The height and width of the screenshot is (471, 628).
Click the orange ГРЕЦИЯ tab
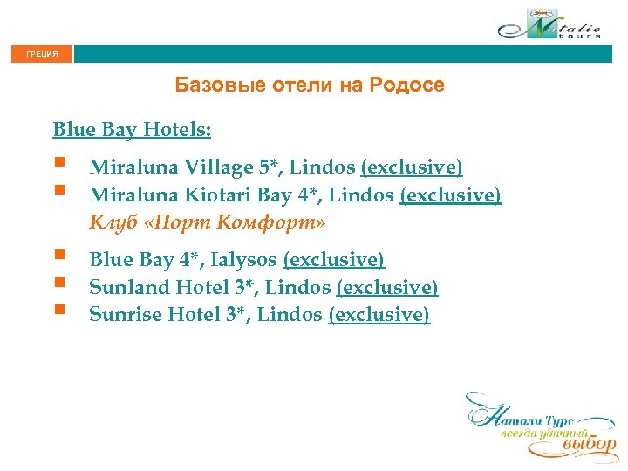pos(42,54)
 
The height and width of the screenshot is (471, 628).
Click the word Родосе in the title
pos(406,85)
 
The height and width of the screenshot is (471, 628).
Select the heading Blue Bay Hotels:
pos(132,130)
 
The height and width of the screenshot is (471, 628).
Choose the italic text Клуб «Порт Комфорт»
pos(207,222)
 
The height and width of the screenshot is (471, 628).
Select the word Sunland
pos(126,287)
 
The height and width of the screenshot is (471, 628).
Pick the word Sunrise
pos(124,314)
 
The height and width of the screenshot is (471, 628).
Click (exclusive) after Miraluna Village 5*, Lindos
pos(412,167)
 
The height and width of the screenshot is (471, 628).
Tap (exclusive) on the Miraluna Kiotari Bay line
pos(450,195)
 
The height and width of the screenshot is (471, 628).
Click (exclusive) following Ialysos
pos(333,259)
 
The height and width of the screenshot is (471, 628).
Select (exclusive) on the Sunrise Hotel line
pos(379,314)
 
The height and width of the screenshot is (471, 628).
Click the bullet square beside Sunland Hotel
pos(58,283)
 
